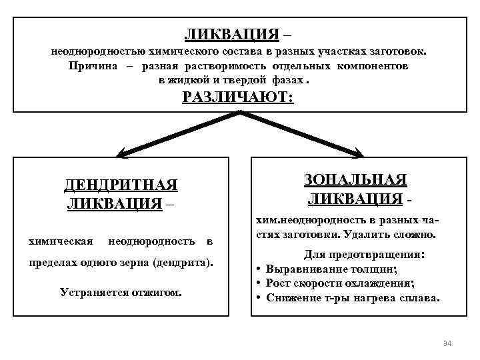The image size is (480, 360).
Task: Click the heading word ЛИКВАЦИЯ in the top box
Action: point(231,33)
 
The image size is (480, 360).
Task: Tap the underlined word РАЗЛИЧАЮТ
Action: point(237,97)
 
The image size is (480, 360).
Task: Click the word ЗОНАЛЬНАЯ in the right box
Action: point(355,181)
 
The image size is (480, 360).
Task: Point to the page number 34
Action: point(447,343)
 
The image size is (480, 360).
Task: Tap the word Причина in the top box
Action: point(93,66)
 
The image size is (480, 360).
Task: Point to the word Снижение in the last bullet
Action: point(288,297)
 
